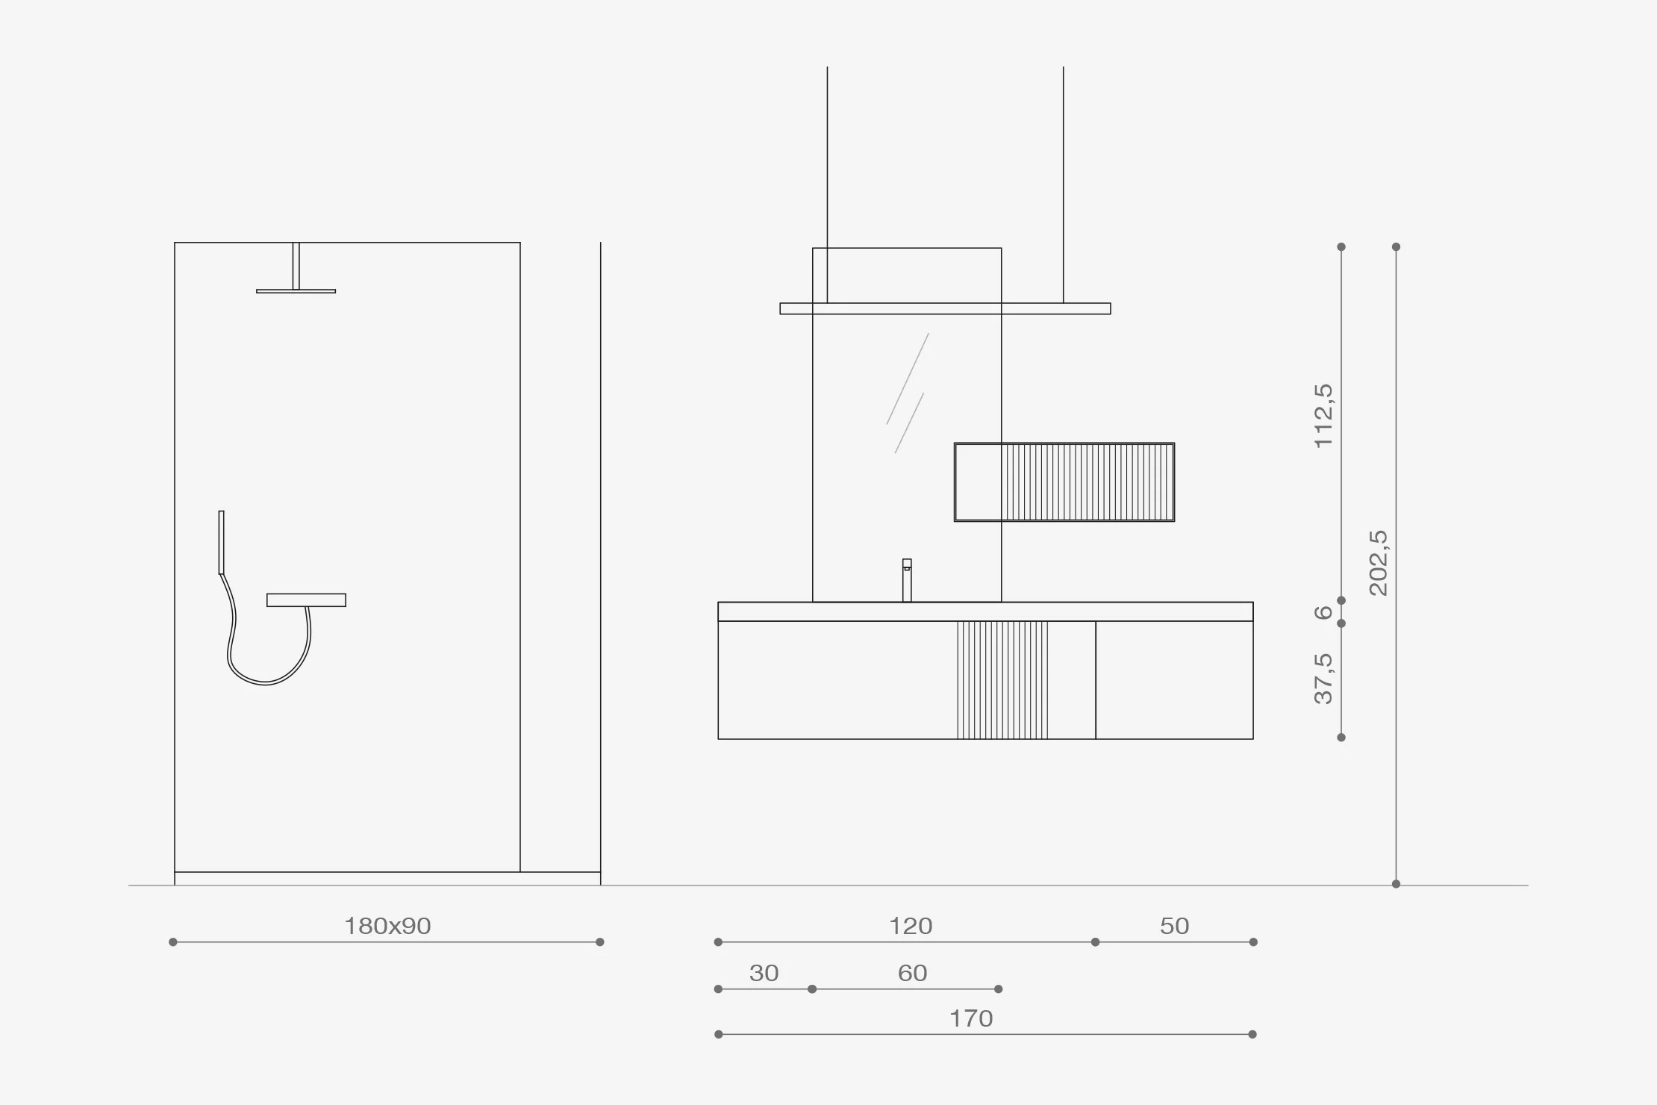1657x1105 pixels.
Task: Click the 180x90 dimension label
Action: click(x=387, y=926)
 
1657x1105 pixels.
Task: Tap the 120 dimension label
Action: click(x=911, y=926)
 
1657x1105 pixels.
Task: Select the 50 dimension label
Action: click(x=1174, y=926)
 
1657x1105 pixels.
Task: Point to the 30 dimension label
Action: click(x=764, y=973)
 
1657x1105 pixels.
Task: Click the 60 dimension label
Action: click(x=912, y=973)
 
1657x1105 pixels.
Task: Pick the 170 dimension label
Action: click(x=971, y=1018)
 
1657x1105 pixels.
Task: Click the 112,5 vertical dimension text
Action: click(x=1323, y=415)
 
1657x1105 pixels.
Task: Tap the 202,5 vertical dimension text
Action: click(x=1379, y=563)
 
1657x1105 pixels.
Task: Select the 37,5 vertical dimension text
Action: click(x=1323, y=679)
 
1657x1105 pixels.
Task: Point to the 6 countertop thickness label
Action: click(x=1323, y=612)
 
